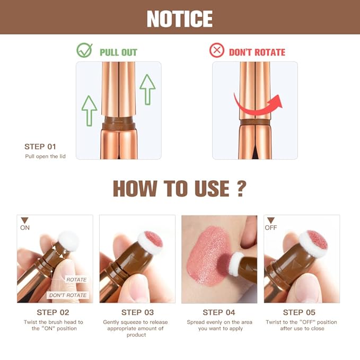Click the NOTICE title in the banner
point(180,19)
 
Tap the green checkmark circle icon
point(84,51)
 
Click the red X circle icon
point(217,51)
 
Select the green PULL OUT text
point(118,52)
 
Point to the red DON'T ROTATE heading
point(257,52)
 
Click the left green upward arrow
point(90,110)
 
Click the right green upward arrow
point(147,89)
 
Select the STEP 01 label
point(40,146)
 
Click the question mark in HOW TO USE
point(241,188)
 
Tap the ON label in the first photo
point(25,228)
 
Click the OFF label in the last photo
point(271,228)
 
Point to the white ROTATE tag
point(76,279)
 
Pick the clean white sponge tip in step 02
point(68,242)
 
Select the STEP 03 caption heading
point(137,312)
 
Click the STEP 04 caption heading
point(219,312)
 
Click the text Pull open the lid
point(46,156)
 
